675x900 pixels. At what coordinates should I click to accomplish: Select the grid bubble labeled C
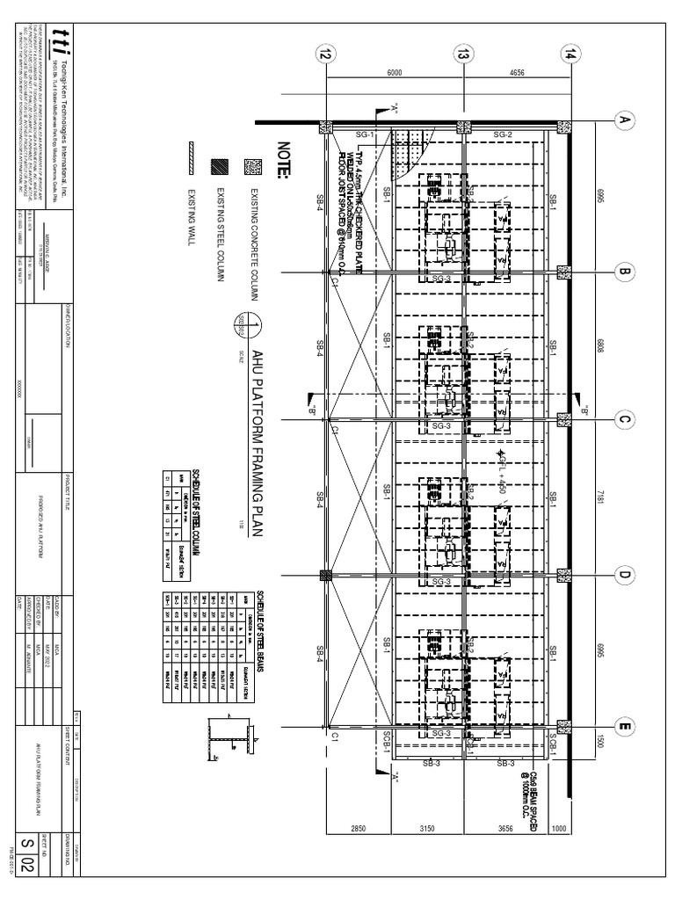[x=625, y=420]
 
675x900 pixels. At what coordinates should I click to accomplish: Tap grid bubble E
[x=625, y=726]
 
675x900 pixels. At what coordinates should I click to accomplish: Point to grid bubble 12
[x=326, y=54]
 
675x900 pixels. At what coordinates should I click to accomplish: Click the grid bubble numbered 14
[x=571, y=54]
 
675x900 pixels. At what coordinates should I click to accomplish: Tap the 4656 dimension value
[x=517, y=74]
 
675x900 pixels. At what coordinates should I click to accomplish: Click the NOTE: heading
[x=282, y=159]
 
